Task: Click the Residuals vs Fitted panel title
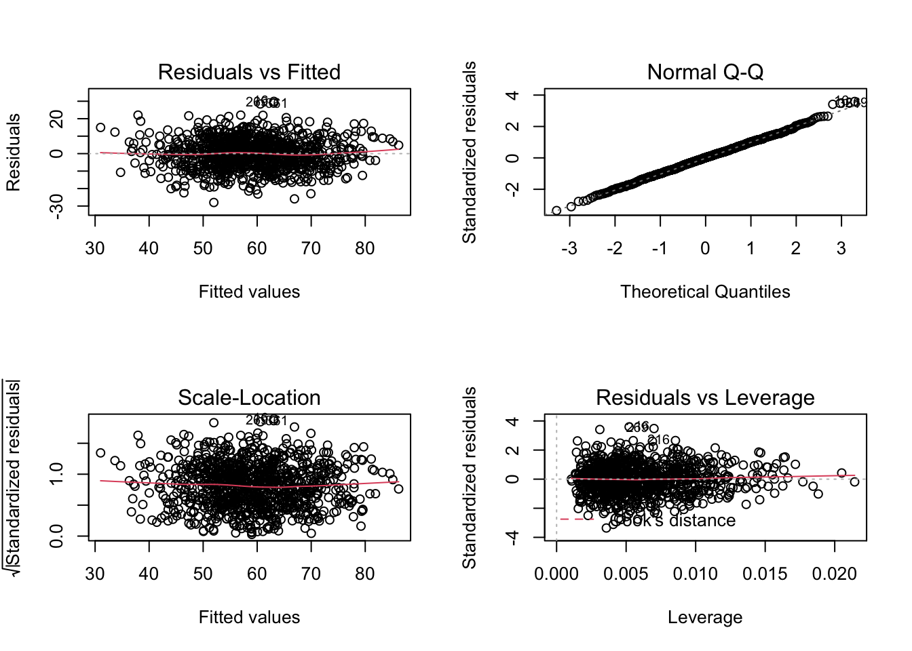pos(249,72)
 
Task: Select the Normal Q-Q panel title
pos(705,72)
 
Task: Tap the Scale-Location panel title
pos(249,397)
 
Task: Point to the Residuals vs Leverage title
pos(705,397)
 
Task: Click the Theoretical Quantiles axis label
pos(705,292)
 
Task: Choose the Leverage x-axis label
pos(705,617)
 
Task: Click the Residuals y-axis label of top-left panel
pos(14,153)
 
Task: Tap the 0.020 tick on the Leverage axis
pos(835,574)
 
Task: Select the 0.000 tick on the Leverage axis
pos(556,574)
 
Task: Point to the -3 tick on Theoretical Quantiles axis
pos(569,249)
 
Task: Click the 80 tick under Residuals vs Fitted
pos(365,249)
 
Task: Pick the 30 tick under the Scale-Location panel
pos(95,574)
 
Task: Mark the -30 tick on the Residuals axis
pos(57,206)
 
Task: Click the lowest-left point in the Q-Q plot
pos(556,211)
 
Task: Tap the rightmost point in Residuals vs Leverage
pos(854,481)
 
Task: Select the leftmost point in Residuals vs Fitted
pos(100,127)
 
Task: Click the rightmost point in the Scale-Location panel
pos(398,489)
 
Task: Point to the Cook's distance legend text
pos(679,521)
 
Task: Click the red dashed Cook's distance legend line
pos(577,519)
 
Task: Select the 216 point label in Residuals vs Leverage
pos(659,440)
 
